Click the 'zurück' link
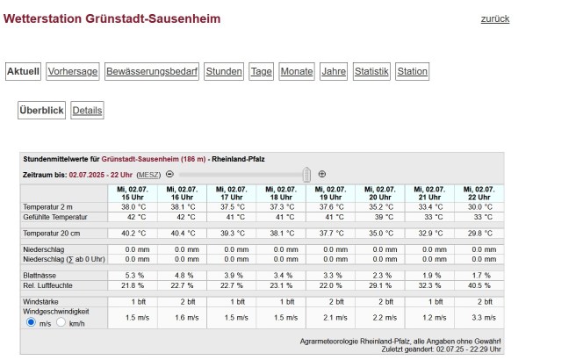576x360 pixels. click(x=494, y=18)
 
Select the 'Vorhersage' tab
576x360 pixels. click(x=73, y=72)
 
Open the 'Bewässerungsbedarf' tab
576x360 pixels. click(x=152, y=72)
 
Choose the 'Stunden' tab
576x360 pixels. click(x=224, y=72)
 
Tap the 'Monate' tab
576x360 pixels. click(x=297, y=72)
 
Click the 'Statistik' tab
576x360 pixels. click(x=371, y=72)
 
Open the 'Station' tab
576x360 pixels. click(x=412, y=72)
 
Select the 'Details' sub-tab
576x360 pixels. click(x=87, y=111)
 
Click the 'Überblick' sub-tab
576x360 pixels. click(x=42, y=111)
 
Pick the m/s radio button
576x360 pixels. click(x=32, y=322)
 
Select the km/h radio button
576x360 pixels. click(x=61, y=322)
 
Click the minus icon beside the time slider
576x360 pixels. click(x=169, y=174)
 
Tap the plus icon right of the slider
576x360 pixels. click(x=321, y=174)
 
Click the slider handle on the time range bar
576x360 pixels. click(x=306, y=174)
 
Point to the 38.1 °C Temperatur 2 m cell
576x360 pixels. click(x=184, y=206)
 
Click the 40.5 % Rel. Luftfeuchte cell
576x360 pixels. click(x=479, y=285)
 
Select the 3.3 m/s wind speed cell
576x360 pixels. click(x=479, y=316)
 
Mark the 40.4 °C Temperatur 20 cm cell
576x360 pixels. click(x=184, y=233)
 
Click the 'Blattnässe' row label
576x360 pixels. click(x=40, y=276)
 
